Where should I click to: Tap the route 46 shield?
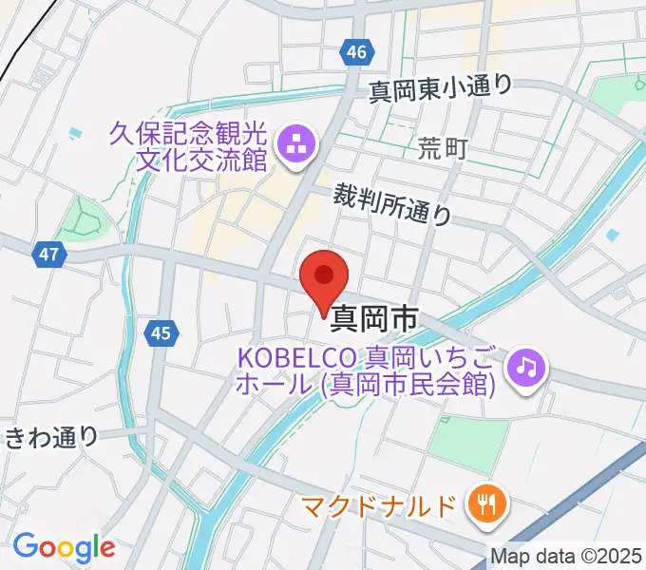pyautogui.click(x=355, y=53)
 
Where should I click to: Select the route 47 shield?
pyautogui.click(x=50, y=254)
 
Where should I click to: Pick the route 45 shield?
pyautogui.click(x=161, y=332)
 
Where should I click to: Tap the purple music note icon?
pyautogui.click(x=525, y=365)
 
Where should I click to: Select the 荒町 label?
pyautogui.click(x=443, y=148)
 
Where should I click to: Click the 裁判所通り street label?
pyautogui.click(x=392, y=204)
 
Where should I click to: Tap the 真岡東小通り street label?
pyautogui.click(x=440, y=87)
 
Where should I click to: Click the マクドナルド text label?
pyautogui.click(x=380, y=506)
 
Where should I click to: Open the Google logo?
pyautogui.click(x=64, y=547)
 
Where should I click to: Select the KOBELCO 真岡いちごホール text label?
pyautogui.click(x=366, y=371)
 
